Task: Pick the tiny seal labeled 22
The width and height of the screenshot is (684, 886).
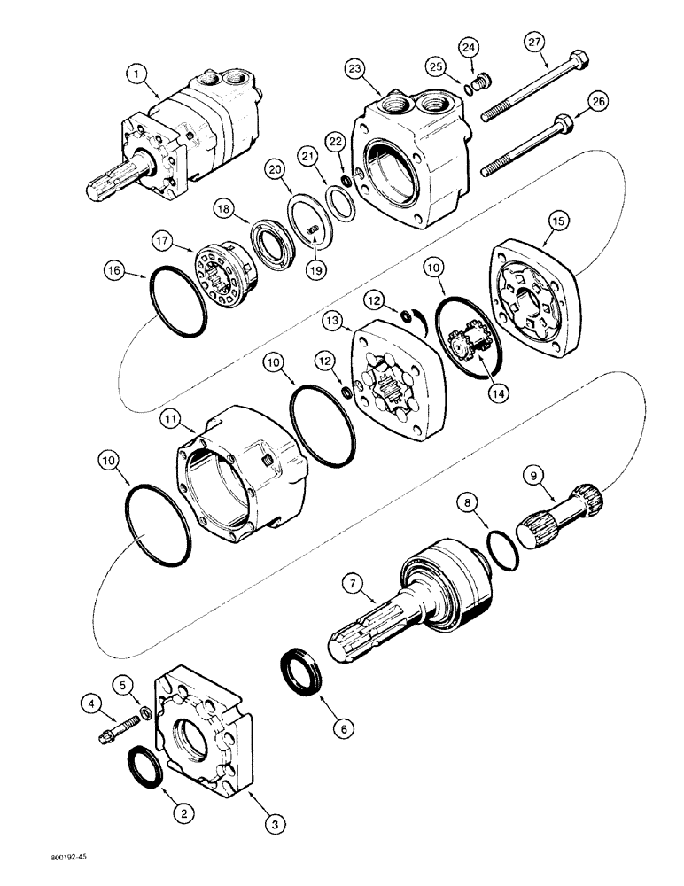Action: pos(356,183)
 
